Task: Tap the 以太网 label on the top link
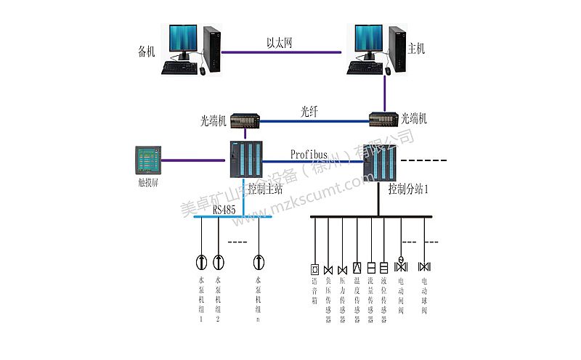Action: pos(280,44)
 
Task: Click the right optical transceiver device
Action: pos(384,120)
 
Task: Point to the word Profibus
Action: pos(309,155)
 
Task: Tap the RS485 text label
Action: pos(224,210)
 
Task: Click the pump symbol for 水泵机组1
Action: pos(201,261)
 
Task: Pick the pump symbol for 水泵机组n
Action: pos(258,261)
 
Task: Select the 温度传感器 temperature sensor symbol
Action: pos(357,267)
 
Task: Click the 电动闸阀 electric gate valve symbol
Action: pos(401,265)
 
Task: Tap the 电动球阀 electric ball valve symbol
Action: pos(425,266)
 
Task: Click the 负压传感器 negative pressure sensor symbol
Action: pos(328,269)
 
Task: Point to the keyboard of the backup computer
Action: pos(183,67)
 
